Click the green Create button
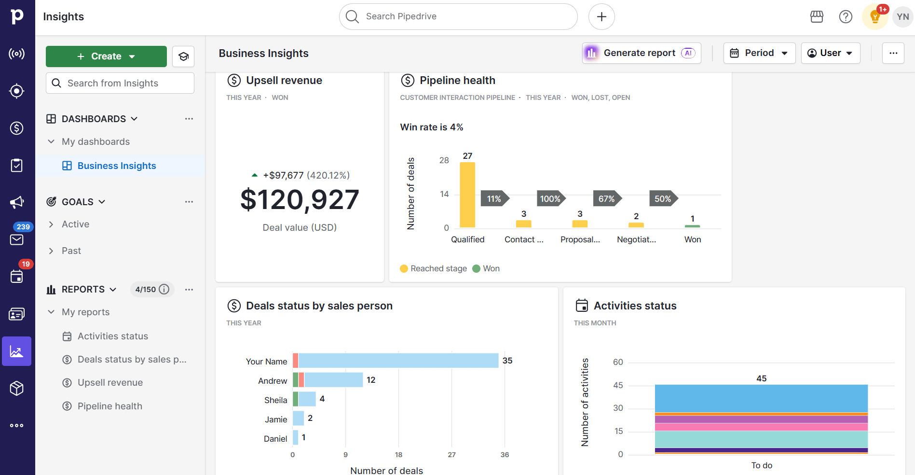(x=106, y=56)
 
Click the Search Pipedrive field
(x=458, y=16)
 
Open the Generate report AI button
(x=641, y=53)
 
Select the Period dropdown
(x=759, y=53)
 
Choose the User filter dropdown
(x=830, y=53)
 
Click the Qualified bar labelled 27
(x=467, y=195)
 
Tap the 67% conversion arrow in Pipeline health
(x=607, y=199)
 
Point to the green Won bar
(x=692, y=226)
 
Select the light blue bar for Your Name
(x=398, y=361)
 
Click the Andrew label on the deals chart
(x=273, y=381)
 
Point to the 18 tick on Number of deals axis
(x=398, y=455)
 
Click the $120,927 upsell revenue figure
(x=300, y=200)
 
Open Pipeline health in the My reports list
(x=109, y=406)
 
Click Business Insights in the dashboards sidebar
(x=116, y=166)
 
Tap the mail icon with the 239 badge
(x=17, y=239)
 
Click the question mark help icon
(x=846, y=17)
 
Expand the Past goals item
(x=71, y=251)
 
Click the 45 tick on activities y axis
(x=618, y=385)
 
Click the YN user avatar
(x=902, y=17)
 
